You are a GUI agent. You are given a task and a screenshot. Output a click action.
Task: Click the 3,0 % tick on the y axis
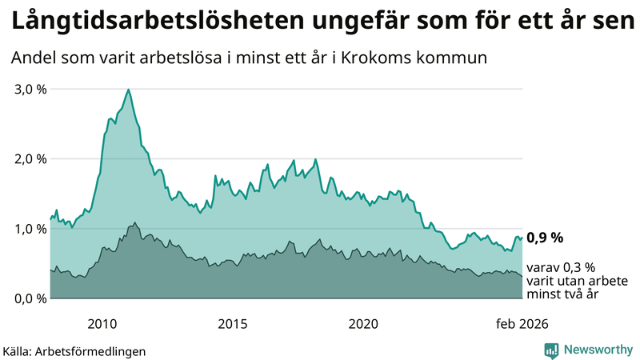click(x=31, y=89)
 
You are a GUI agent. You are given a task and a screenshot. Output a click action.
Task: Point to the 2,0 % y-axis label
click(x=31, y=158)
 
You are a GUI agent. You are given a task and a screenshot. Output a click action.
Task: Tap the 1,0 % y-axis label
click(x=31, y=229)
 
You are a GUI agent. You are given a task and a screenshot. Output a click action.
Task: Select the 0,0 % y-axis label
click(x=31, y=298)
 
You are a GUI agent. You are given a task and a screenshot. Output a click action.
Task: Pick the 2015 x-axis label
click(x=233, y=323)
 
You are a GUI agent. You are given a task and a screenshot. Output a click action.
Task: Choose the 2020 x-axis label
click(x=363, y=323)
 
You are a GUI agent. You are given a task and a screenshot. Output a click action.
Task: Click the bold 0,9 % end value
click(x=546, y=238)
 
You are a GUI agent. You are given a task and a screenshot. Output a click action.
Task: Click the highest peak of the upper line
click(x=129, y=90)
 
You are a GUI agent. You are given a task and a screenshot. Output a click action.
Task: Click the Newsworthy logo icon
click(x=551, y=350)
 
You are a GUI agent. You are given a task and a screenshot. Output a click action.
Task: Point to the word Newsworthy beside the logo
click(x=598, y=350)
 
